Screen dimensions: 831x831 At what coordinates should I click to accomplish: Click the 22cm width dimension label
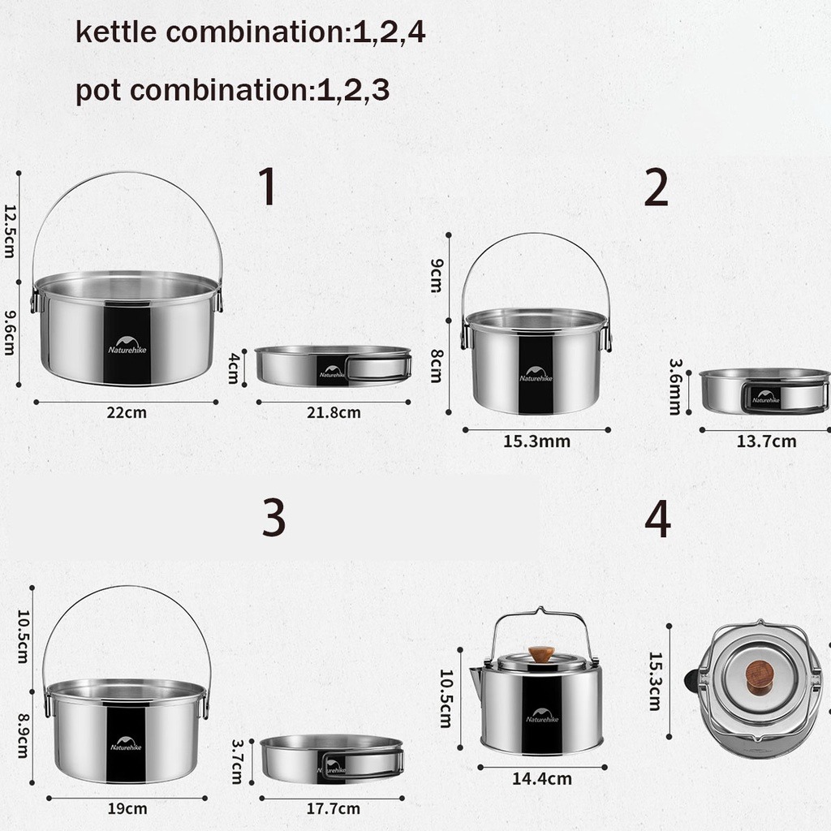click(x=127, y=412)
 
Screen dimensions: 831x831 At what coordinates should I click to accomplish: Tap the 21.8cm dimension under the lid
click(x=334, y=412)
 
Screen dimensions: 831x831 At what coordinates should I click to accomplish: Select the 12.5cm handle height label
click(x=10, y=231)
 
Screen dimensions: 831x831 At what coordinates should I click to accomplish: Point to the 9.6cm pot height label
click(x=10, y=333)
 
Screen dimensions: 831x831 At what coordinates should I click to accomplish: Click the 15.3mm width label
click(x=536, y=441)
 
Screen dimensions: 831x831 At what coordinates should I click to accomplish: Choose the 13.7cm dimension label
click(x=766, y=441)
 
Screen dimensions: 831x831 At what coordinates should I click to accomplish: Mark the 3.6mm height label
click(x=674, y=386)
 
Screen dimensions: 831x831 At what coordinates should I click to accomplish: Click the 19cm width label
click(x=127, y=809)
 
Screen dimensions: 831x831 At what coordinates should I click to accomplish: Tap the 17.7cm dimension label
click(x=334, y=809)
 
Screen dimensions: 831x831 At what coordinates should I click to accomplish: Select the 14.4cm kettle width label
click(x=541, y=778)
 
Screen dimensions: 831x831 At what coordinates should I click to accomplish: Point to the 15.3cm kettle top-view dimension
click(x=656, y=681)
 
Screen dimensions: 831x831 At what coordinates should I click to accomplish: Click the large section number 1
click(x=268, y=186)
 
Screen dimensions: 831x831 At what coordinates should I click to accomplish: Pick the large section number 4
click(x=657, y=520)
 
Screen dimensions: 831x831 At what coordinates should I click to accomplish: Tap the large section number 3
click(x=274, y=517)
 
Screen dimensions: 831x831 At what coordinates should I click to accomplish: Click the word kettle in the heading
click(x=116, y=32)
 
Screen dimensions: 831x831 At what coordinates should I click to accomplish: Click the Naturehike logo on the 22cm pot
click(x=127, y=345)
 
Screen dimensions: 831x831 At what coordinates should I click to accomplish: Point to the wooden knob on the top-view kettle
click(x=760, y=678)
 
